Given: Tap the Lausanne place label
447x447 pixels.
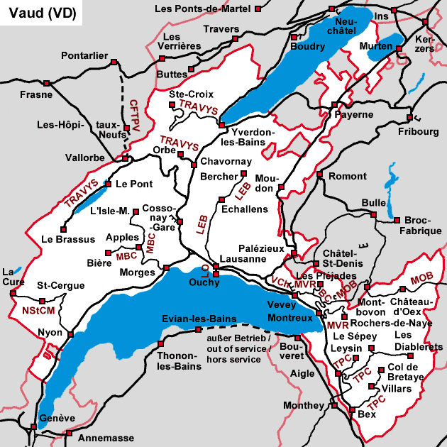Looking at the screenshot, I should point(243,259).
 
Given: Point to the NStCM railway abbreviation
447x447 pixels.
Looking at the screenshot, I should point(38,310).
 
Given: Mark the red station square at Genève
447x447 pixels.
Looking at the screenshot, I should point(34,426).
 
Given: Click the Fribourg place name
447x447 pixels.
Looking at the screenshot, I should point(419,132).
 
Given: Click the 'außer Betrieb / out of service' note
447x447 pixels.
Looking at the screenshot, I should point(234,349).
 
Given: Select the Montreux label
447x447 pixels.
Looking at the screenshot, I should point(290,318).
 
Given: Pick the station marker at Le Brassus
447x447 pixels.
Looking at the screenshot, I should point(64,229).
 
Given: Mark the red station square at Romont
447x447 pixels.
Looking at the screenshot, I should point(320,175).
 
